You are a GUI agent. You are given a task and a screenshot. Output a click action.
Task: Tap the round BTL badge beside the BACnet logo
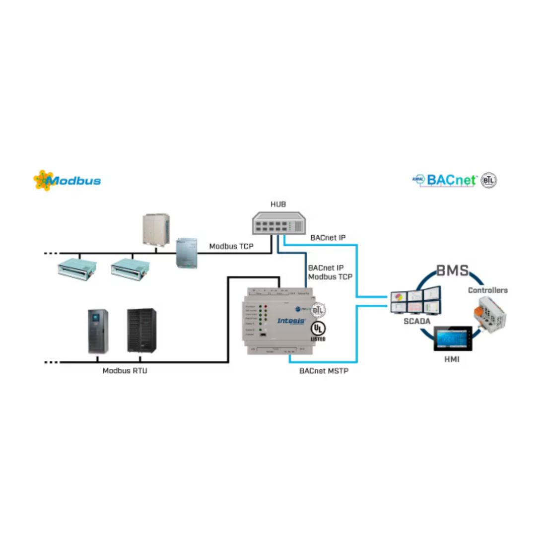point(488,180)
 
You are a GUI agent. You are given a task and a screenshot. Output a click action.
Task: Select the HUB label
point(278,204)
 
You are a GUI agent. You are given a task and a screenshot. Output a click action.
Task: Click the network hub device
point(278,223)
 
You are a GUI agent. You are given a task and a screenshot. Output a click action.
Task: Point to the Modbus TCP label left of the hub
point(231,246)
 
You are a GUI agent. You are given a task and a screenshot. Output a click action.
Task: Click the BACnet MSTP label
point(324,371)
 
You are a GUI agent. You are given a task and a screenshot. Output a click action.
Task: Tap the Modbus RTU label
point(125,371)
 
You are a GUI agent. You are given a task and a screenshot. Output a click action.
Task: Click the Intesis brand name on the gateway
point(291,321)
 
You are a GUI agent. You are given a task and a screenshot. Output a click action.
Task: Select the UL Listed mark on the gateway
point(318,331)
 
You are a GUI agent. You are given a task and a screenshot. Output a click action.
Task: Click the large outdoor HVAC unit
point(156,229)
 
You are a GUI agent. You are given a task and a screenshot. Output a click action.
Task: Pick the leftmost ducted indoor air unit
point(77,269)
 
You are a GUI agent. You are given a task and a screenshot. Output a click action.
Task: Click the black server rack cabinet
point(141,330)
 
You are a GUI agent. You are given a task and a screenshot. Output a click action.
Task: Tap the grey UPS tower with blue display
point(98,331)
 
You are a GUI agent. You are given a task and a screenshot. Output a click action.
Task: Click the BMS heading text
point(452,271)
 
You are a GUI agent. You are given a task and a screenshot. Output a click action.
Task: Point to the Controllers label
point(487,290)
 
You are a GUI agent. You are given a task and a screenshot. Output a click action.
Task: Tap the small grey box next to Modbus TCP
point(187,253)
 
